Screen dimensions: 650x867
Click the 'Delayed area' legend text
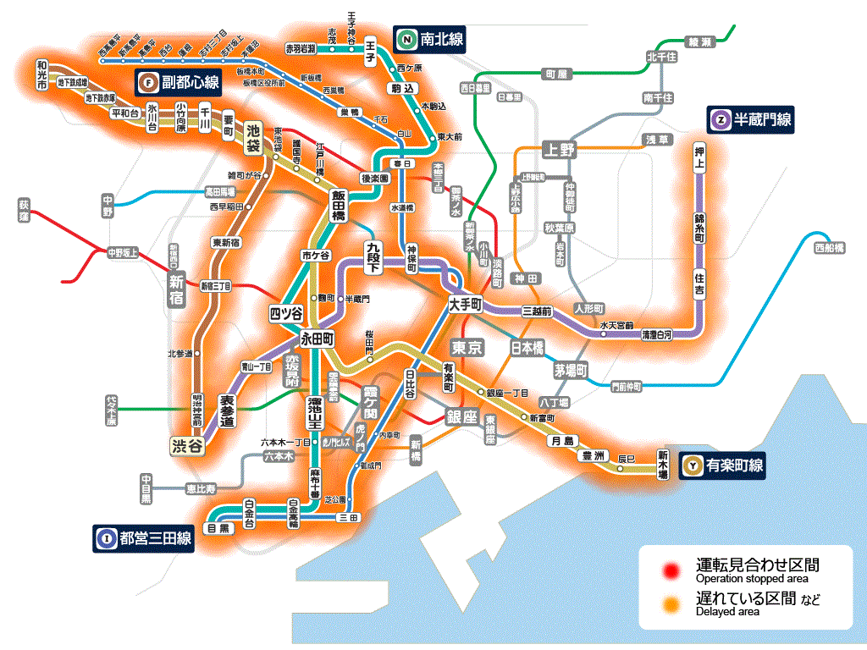point(727,612)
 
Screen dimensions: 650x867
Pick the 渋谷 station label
point(187,446)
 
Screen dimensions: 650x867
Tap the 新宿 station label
point(176,289)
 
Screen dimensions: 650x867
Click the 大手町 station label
point(465,304)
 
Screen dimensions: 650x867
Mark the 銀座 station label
point(462,416)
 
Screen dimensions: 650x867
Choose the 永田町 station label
point(318,338)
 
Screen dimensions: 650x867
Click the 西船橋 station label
point(829,249)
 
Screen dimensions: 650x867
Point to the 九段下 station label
point(373,256)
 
